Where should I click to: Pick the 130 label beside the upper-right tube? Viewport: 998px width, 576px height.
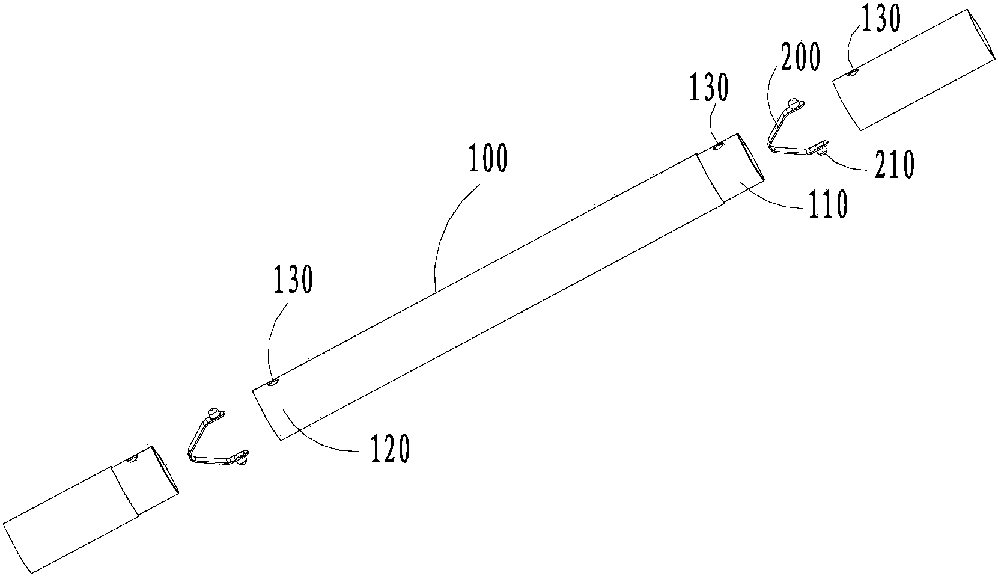pyautogui.click(x=881, y=19)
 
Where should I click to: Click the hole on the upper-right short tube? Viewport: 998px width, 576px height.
pyautogui.click(x=853, y=73)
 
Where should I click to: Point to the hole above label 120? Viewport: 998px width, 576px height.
pyautogui.click(x=273, y=382)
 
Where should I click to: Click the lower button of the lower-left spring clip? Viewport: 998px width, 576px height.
pyautogui.click(x=241, y=460)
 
